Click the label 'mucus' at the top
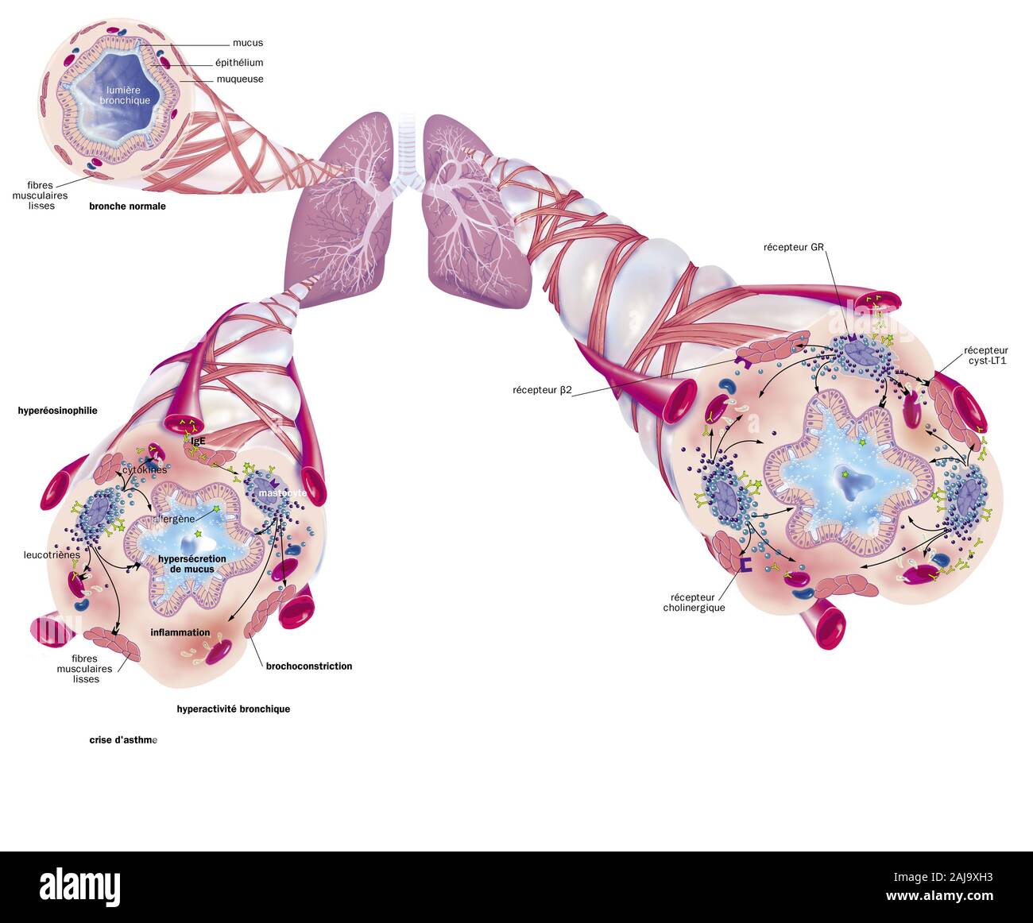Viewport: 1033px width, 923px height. click(247, 43)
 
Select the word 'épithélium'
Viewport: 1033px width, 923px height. click(238, 63)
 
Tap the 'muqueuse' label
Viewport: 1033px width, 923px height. click(240, 79)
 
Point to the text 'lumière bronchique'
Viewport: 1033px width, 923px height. click(125, 96)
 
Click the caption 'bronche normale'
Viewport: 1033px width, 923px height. click(127, 206)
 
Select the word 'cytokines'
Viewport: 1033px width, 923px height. click(145, 469)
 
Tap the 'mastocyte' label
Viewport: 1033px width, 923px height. click(282, 493)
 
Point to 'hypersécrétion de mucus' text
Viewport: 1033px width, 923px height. click(192, 564)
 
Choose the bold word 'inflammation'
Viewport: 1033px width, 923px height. click(180, 632)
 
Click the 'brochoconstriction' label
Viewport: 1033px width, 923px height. click(308, 666)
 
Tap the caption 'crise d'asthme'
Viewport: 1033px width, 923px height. click(123, 740)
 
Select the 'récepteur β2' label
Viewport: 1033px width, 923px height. click(542, 390)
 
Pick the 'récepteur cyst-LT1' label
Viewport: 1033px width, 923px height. click(985, 356)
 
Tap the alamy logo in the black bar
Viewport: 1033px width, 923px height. click(80, 886)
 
